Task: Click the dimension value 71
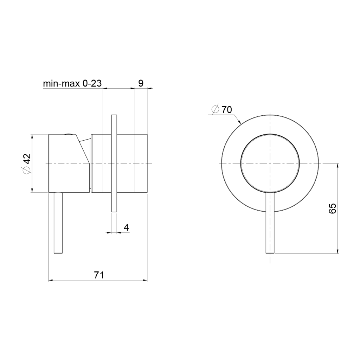[99, 275]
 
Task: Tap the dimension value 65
[333, 208]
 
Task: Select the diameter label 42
[27, 159]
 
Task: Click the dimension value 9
[141, 83]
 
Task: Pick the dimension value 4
[126, 227]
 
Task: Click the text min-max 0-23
[72, 83]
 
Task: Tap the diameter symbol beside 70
[215, 110]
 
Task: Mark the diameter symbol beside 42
[27, 171]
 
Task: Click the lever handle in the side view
[58, 223]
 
